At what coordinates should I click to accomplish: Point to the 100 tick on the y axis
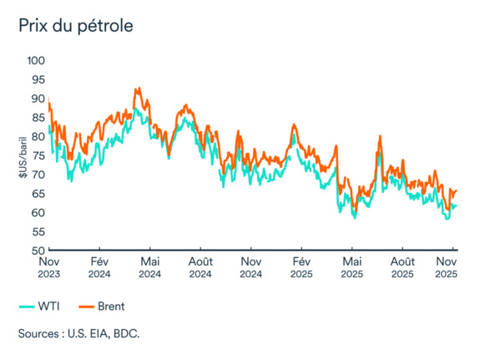click(x=34, y=61)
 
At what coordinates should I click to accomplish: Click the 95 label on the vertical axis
click(x=37, y=79)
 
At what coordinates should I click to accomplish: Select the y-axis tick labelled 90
click(x=37, y=99)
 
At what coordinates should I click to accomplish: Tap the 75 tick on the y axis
click(x=37, y=155)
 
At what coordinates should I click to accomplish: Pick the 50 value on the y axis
click(x=37, y=251)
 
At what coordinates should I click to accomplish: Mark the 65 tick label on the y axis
click(x=37, y=194)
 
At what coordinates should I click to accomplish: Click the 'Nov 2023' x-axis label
click(x=49, y=267)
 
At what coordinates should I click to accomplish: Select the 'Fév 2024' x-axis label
click(x=99, y=267)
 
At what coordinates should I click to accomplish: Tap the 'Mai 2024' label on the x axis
click(x=149, y=267)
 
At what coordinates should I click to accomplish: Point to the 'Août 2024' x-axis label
click(x=201, y=267)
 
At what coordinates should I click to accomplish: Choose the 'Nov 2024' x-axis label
click(x=250, y=267)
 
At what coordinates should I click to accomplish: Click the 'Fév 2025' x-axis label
click(x=301, y=267)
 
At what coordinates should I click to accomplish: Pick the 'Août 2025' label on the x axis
click(x=402, y=267)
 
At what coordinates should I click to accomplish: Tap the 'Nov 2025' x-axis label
click(x=447, y=267)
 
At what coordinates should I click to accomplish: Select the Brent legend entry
click(x=102, y=306)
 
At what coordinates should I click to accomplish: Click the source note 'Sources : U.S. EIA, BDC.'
click(x=78, y=334)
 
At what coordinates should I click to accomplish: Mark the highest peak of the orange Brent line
click(x=136, y=88)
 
